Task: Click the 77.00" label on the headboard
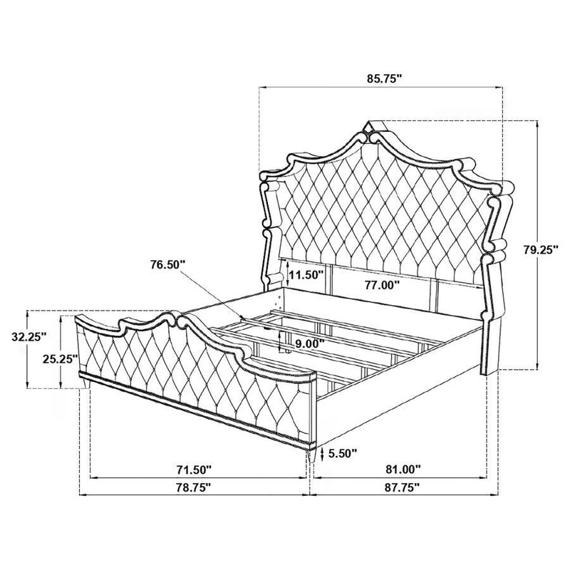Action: click(x=378, y=284)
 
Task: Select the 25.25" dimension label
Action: click(x=60, y=359)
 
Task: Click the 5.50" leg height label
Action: click(x=343, y=452)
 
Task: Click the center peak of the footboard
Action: click(x=177, y=315)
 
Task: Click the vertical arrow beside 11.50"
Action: click(x=286, y=272)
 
